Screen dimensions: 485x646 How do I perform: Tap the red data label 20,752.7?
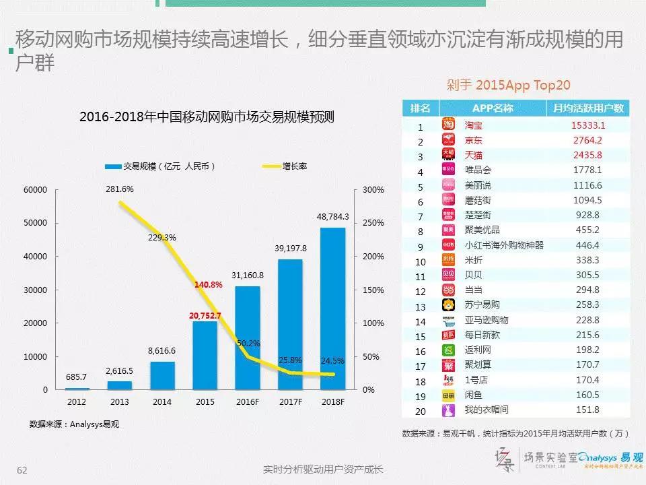click(205, 315)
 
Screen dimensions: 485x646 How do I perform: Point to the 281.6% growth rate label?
click(120, 190)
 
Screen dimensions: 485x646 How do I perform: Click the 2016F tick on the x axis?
click(248, 401)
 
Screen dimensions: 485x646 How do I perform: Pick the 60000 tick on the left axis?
click(36, 190)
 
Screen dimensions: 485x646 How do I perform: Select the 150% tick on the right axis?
click(373, 290)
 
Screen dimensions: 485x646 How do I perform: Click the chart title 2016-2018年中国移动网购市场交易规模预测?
click(207, 117)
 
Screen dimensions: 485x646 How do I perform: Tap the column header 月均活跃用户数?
click(587, 108)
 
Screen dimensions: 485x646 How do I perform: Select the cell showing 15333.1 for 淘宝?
click(587, 125)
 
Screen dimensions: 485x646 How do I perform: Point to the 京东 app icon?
click(449, 141)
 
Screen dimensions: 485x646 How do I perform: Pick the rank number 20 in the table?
click(421, 410)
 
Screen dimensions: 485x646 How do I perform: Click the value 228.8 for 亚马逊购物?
click(587, 321)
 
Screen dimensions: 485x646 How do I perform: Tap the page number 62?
click(22, 469)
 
